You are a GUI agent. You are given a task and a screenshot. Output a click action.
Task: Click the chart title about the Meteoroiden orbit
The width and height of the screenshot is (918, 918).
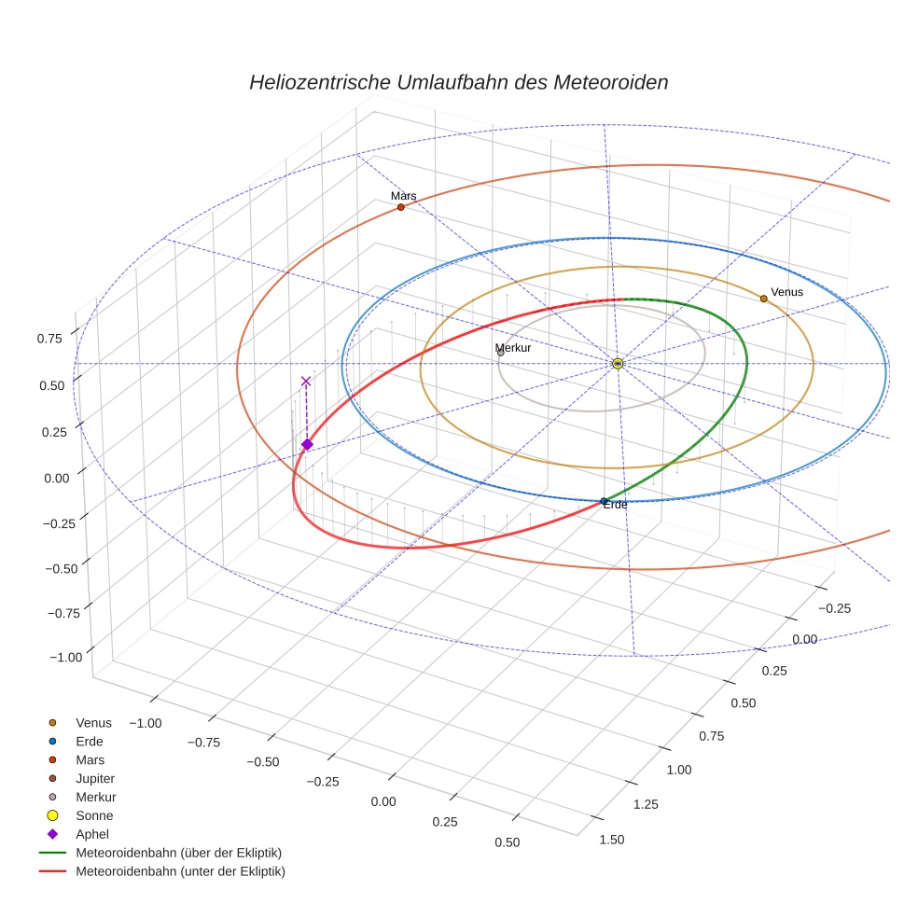click(x=458, y=82)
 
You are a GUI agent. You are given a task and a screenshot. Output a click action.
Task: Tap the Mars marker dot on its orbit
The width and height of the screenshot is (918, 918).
click(x=401, y=207)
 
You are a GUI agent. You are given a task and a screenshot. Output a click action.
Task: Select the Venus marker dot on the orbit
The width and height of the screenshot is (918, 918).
click(x=763, y=299)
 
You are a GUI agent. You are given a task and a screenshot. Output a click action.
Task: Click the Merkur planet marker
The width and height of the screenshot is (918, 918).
click(x=501, y=353)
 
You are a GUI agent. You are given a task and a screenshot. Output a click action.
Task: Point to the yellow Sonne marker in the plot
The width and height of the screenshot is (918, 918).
click(x=618, y=363)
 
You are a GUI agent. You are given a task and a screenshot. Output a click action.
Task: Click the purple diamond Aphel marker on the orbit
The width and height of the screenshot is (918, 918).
click(x=307, y=444)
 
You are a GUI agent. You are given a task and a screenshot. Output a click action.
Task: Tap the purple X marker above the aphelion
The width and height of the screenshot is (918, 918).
click(x=306, y=381)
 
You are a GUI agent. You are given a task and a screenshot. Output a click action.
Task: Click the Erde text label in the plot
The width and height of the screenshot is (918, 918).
click(x=615, y=505)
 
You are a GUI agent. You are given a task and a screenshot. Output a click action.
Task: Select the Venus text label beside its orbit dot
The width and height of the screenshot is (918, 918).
click(x=786, y=292)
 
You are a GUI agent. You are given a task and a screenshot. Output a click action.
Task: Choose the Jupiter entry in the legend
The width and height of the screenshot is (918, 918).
click(x=95, y=778)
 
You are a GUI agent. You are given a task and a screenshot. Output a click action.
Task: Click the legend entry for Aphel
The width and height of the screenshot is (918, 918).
click(x=91, y=834)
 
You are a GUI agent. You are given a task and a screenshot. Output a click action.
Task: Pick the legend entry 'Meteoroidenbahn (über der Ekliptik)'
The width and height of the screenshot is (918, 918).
click(x=178, y=853)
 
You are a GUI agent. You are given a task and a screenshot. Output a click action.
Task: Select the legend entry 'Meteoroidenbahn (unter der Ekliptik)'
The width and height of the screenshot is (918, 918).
click(x=180, y=871)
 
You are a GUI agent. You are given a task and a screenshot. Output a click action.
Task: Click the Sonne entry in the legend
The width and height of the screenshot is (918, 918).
click(x=94, y=815)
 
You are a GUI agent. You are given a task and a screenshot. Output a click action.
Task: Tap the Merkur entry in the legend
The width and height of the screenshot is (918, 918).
click(x=95, y=797)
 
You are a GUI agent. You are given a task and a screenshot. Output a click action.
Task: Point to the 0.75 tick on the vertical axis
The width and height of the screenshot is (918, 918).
click(x=49, y=339)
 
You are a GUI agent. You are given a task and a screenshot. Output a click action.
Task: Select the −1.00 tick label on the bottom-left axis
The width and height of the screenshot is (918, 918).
click(x=145, y=723)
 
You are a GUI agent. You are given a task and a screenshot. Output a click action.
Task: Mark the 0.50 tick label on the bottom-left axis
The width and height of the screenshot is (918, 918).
click(x=508, y=842)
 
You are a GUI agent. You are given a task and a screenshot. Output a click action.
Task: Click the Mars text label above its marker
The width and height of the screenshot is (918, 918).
click(x=404, y=196)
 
